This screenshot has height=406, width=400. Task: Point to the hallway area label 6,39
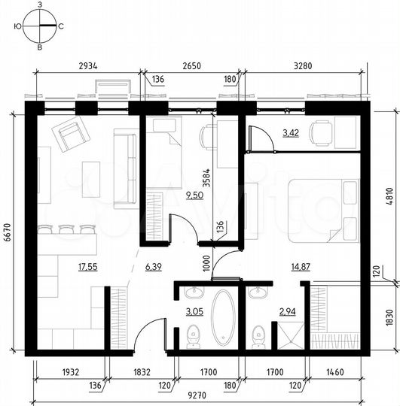point(153,266)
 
